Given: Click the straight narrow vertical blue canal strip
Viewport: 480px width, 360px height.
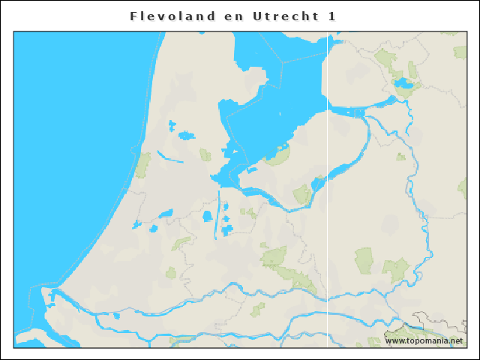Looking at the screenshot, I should pos(217,214).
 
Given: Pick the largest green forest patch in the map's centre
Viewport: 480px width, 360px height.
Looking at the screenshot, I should pos(274,256).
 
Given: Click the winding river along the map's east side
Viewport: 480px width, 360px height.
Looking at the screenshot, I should pos(412,187).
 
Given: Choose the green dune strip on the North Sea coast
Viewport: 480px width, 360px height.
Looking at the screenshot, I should pos(142,163).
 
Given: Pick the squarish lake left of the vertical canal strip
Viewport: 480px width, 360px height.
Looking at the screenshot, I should pos(207,217).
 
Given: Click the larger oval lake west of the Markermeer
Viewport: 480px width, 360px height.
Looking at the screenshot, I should pos(185,135).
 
